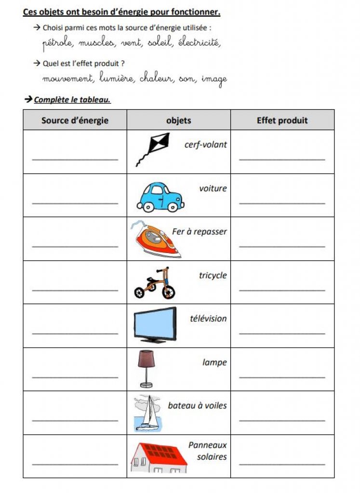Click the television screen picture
155,324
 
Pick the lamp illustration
146,368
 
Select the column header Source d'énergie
75,120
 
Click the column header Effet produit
282,120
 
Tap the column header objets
178,120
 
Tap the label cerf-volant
205,144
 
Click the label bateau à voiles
197,405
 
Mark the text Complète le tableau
72,100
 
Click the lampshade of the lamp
146,359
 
